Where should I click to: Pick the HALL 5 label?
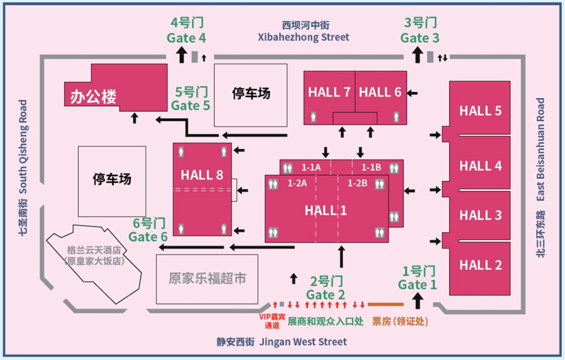pyautogui.click(x=480, y=111)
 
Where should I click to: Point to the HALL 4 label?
pyautogui.click(x=480, y=166)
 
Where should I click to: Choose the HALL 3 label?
pyautogui.click(x=480, y=215)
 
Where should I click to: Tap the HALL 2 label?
pyautogui.click(x=480, y=265)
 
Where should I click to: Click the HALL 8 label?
pyautogui.click(x=202, y=175)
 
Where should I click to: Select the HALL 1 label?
pyautogui.click(x=325, y=211)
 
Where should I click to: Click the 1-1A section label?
pyautogui.click(x=311, y=168)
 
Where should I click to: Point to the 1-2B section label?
pyautogui.click(x=357, y=184)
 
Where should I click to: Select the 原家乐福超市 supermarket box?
pyautogui.click(x=207, y=279)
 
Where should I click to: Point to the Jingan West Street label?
pyautogui.click(x=281, y=342)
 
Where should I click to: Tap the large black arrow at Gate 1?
pyautogui.click(x=418, y=301)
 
